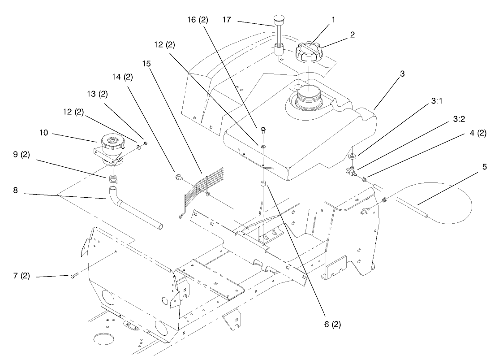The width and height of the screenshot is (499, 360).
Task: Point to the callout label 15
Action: pos(147,64)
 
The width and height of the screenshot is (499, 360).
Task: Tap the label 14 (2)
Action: pos(122,77)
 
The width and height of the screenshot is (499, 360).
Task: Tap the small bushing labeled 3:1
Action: pos(352,156)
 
